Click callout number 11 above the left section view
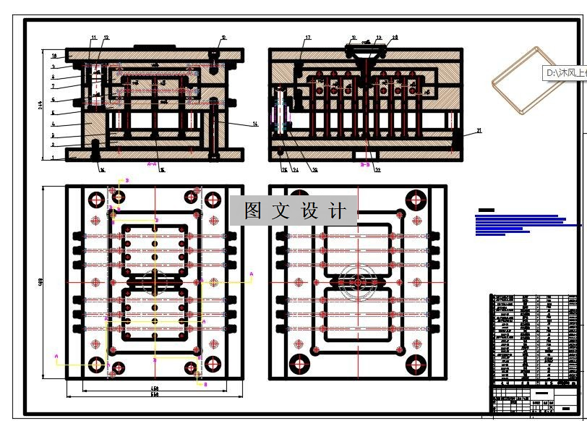[93, 37]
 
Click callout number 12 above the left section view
[106, 37]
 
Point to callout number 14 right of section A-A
[255, 124]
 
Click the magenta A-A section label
[152, 165]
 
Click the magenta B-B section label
[365, 165]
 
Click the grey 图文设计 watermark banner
[293, 210]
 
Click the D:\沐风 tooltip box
[565, 72]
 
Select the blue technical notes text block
[520, 223]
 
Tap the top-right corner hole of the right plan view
[416, 200]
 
